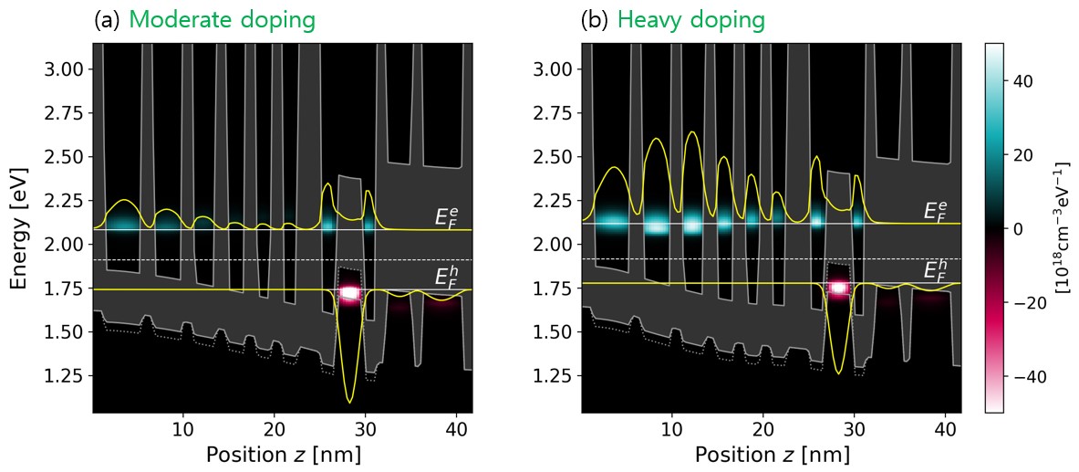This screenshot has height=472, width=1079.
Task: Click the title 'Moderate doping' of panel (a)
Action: click(x=222, y=19)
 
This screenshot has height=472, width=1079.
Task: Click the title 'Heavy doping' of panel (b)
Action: click(x=690, y=19)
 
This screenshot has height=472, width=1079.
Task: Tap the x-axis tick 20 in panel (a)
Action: click(x=274, y=429)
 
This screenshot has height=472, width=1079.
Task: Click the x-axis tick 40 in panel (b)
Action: click(x=944, y=429)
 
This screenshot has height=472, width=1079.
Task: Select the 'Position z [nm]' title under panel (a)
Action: click(x=283, y=455)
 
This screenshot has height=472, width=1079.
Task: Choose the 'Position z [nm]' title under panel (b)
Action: click(x=772, y=455)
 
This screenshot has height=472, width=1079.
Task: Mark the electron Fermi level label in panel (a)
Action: click(x=446, y=216)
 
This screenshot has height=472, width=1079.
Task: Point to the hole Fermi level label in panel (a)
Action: click(x=446, y=275)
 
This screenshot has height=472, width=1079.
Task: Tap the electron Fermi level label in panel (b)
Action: click(x=935, y=211)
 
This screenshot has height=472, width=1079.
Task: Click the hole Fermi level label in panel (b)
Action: click(x=935, y=269)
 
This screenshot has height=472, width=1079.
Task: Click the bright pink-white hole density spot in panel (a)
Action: click(x=349, y=293)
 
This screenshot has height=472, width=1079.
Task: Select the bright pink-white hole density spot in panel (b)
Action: click(x=838, y=288)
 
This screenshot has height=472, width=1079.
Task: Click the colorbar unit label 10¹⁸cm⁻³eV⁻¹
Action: click(x=1062, y=227)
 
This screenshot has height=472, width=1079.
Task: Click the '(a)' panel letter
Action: click(x=107, y=19)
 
